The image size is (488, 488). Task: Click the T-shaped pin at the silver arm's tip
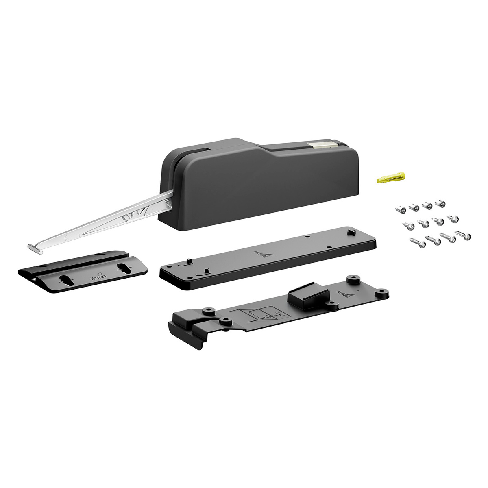pos(35,248)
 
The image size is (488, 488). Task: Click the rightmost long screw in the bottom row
pos(462,235)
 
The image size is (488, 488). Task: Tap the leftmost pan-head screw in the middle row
pos(407,224)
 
